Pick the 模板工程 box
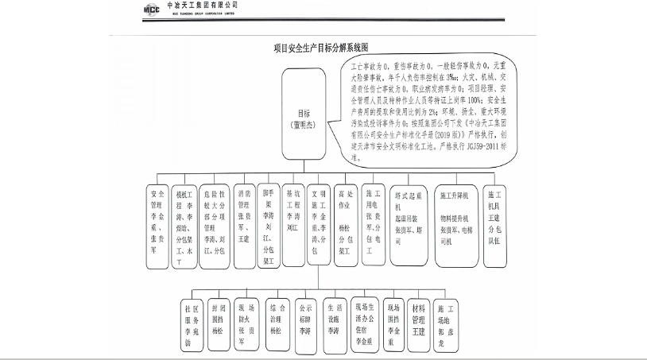coord(184,226)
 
